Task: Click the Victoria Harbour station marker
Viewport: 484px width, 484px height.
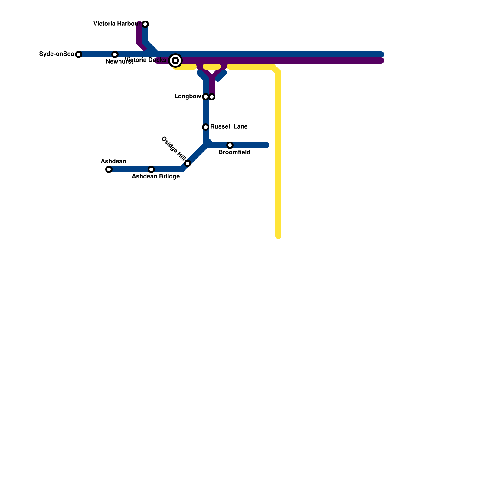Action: [145, 24]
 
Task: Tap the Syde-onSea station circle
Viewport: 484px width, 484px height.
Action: [79, 54]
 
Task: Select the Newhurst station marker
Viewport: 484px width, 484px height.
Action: [115, 54]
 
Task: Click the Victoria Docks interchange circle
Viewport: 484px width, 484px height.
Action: [175, 60]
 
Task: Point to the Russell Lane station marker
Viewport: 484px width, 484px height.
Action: [206, 127]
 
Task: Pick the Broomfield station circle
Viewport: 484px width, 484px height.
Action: [230, 145]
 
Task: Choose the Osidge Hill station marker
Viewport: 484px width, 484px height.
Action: [188, 163]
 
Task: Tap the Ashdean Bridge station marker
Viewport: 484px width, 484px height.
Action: [151, 169]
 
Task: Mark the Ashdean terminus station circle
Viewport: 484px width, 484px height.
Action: [109, 169]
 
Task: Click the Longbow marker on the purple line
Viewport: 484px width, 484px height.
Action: [212, 97]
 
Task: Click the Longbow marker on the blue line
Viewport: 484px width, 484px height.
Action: [206, 97]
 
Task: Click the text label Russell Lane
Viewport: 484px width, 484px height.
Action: [229, 126]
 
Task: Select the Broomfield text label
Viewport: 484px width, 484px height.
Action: [234, 152]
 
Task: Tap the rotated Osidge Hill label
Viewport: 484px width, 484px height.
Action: [173, 148]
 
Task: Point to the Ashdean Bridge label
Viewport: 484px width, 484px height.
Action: [156, 177]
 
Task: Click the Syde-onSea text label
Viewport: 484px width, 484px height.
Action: [57, 54]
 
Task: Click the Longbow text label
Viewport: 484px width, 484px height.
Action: [188, 96]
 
